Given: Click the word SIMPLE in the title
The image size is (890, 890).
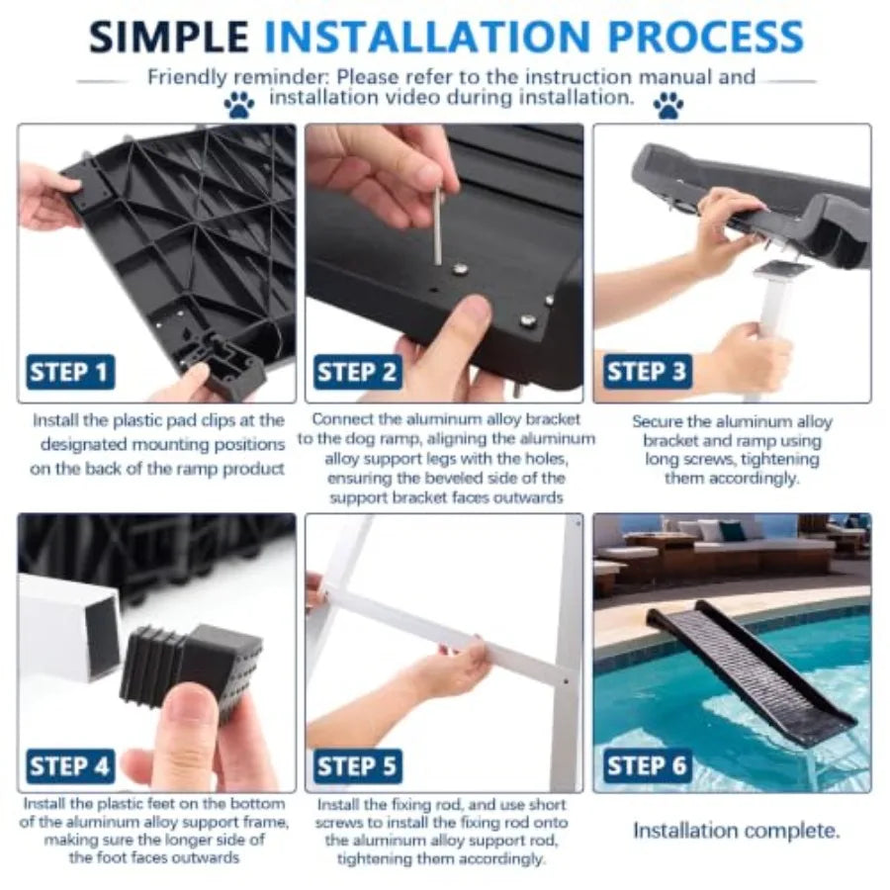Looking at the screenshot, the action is pyautogui.click(x=168, y=37).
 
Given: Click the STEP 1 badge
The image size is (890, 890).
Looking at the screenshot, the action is pyautogui.click(x=70, y=373).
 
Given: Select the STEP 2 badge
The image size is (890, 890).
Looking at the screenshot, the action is pyautogui.click(x=358, y=373).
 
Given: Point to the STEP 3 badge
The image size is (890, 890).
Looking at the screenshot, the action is pyautogui.click(x=647, y=373).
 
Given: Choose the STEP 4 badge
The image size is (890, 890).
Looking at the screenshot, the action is pyautogui.click(x=70, y=766).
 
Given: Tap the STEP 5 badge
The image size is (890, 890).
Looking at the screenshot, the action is pyautogui.click(x=358, y=766).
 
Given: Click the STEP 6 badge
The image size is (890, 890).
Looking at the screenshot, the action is pyautogui.click(x=647, y=766).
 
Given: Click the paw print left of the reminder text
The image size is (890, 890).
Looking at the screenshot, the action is pyautogui.click(x=239, y=106).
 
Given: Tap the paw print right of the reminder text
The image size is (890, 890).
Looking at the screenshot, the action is pyautogui.click(x=668, y=106).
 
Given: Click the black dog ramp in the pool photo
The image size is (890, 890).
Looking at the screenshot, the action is pyautogui.click(x=753, y=669).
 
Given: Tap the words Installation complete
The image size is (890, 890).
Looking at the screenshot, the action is pyautogui.click(x=736, y=831).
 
